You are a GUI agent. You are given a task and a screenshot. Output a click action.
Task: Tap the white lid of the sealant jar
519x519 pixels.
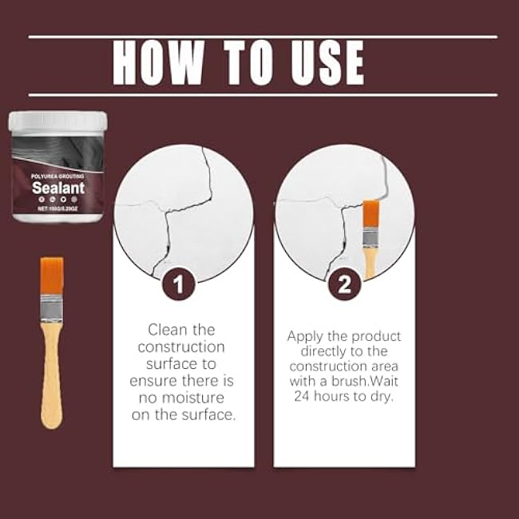pos(57,121)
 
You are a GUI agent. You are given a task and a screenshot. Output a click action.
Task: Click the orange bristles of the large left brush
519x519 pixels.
pos(52,276)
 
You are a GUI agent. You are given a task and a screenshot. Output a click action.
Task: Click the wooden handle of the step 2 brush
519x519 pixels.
pos(370,260)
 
